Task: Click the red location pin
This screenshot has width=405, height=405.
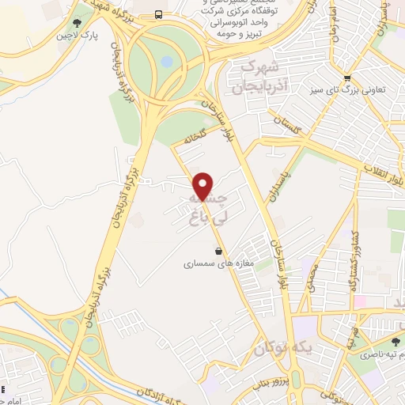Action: (x=203, y=185)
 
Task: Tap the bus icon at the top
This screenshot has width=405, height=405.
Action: (x=160, y=14)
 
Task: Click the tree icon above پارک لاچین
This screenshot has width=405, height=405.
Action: (x=77, y=24)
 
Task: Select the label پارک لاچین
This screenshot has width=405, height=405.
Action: (x=77, y=36)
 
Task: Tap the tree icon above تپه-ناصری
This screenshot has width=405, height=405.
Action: (x=396, y=341)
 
